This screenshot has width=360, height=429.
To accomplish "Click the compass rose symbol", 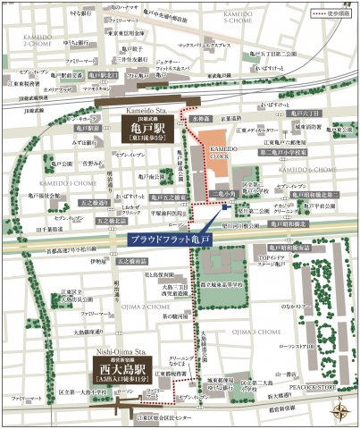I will pos(340,411).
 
